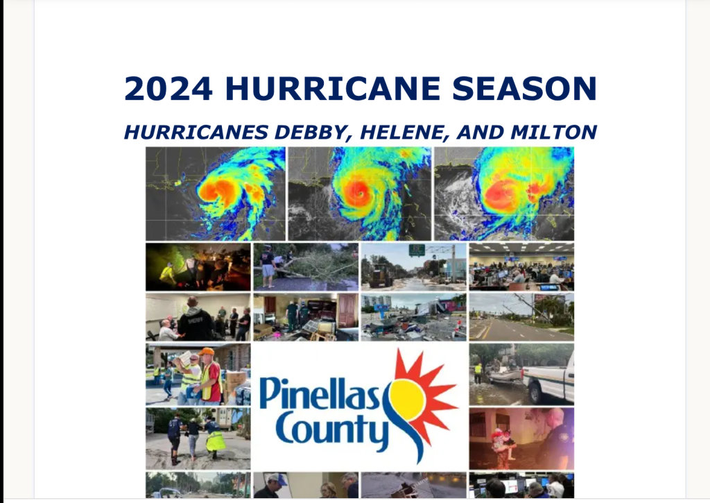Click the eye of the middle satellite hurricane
(x=358, y=192)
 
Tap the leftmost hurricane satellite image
(x=215, y=194)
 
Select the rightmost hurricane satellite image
(x=504, y=194)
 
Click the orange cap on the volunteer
(x=207, y=352)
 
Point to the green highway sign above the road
(x=417, y=250)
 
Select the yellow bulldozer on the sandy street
(x=381, y=275)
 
